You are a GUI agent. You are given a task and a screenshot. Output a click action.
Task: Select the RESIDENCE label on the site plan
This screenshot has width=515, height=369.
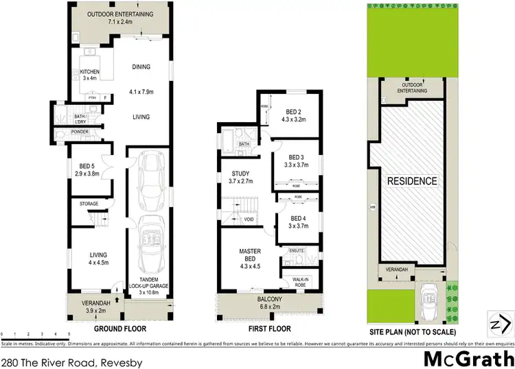tap(412, 182)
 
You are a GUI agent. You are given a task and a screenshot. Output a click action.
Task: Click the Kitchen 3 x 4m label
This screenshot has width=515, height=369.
tap(91, 75)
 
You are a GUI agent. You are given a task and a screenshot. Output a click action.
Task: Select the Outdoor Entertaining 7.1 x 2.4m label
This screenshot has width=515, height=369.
tap(122, 18)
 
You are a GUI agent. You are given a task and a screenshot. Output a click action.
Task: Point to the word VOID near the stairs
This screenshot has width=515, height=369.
tap(248, 219)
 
